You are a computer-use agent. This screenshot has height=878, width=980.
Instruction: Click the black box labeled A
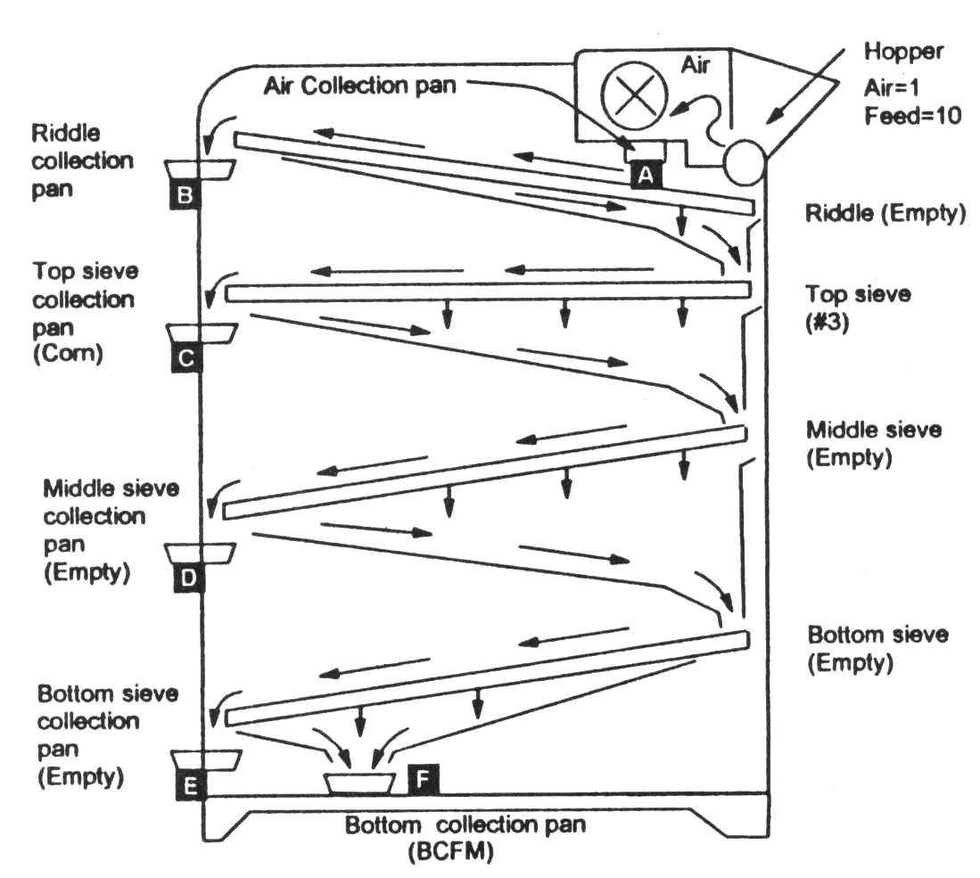click(x=646, y=175)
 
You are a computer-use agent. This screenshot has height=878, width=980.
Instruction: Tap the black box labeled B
click(x=185, y=194)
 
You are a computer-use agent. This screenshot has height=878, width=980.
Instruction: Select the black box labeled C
click(x=186, y=357)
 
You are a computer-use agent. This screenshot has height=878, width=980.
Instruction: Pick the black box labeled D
click(x=188, y=578)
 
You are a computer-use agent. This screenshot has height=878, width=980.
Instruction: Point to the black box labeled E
click(x=191, y=784)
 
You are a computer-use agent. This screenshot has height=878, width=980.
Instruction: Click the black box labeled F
click(x=424, y=779)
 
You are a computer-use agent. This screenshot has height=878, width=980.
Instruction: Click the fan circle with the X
click(x=634, y=95)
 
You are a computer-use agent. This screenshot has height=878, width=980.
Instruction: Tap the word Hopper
click(x=903, y=52)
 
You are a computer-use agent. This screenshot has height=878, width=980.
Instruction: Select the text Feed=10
click(x=912, y=116)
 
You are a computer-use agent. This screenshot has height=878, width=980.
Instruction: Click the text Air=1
click(x=892, y=86)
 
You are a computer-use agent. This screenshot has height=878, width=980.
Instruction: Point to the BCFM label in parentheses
click(x=450, y=852)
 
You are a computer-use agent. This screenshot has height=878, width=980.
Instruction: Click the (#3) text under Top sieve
click(x=827, y=323)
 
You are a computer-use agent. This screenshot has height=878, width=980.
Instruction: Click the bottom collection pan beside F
click(x=358, y=784)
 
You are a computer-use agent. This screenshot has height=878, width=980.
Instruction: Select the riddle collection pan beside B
click(x=200, y=170)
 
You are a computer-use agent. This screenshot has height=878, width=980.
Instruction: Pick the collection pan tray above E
click(x=207, y=759)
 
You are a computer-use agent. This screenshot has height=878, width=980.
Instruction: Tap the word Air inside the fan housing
click(x=695, y=64)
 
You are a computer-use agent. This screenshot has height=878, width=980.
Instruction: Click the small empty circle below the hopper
click(x=745, y=160)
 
